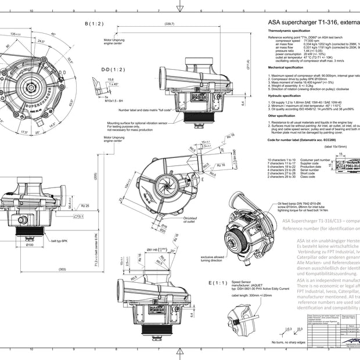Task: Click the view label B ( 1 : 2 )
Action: [x=93, y=23]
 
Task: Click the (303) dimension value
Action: [x=62, y=269]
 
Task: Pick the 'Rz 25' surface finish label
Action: [x=84, y=206]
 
